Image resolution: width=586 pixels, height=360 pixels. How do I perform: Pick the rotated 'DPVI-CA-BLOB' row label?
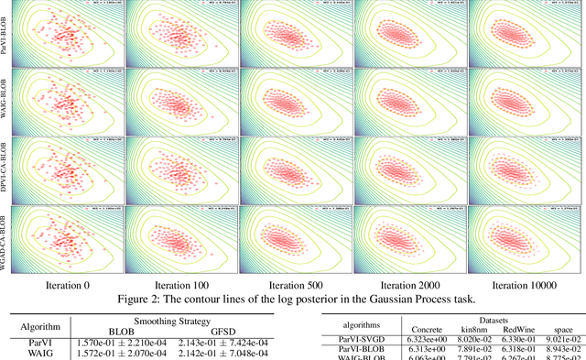point(6,158)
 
